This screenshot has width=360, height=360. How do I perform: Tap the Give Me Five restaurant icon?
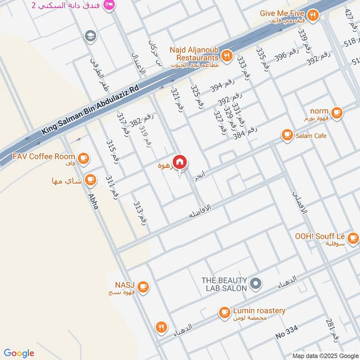314,15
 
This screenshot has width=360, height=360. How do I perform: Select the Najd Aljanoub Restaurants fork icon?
227,56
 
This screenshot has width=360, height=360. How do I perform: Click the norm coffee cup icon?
336,112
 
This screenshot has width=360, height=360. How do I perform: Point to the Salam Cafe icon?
287,134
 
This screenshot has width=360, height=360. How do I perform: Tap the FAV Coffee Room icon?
83,157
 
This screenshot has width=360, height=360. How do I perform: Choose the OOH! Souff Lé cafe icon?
353,237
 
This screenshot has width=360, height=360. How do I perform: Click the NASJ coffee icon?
143,286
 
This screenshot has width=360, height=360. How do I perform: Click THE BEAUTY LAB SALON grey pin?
256,283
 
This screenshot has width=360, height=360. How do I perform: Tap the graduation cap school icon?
90,36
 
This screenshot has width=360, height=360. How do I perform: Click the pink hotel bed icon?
108,5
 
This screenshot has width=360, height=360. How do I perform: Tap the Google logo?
19,353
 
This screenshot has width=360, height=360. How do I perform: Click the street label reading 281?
333,331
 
